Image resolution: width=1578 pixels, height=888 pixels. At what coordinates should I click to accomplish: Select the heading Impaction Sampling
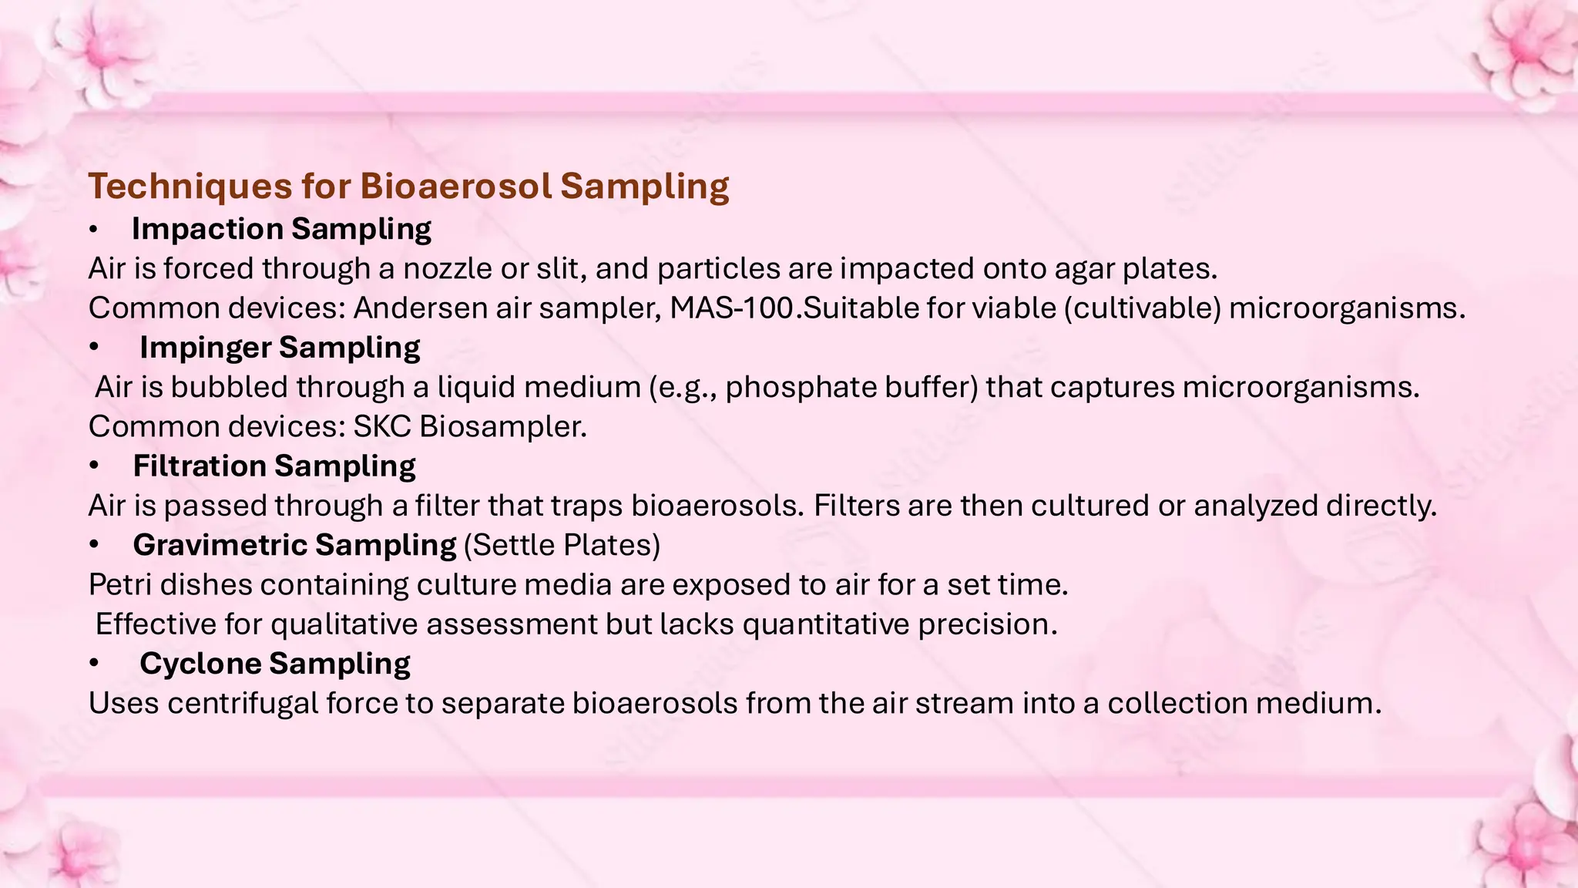tap(281, 229)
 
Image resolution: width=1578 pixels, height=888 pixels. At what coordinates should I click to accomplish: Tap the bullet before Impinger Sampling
tap(94, 348)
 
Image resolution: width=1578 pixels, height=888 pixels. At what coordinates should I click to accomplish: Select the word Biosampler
tap(502, 426)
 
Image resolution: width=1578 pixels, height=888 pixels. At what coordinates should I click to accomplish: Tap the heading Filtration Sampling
tap(274, 466)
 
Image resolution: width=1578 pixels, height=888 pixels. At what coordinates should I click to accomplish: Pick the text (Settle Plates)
tap(562, 545)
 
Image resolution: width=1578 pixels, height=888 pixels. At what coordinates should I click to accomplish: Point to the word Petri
tap(120, 584)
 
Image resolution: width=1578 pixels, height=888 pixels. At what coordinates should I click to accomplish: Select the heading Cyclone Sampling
tap(275, 664)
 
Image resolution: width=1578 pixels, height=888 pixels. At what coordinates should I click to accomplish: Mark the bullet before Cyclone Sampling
tap(94, 664)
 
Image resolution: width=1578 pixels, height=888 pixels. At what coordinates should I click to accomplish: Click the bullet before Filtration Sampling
tap(94, 466)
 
